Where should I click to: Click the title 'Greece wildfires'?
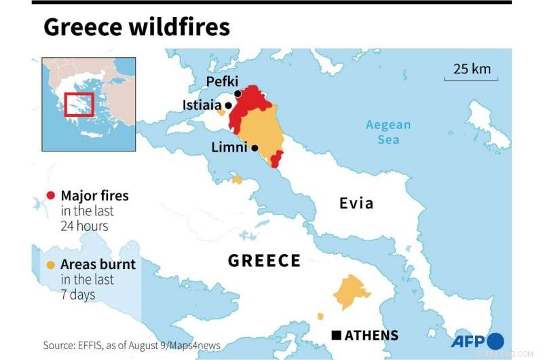click(x=136, y=27)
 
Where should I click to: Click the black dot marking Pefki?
click(x=238, y=94)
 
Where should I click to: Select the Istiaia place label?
click(x=203, y=105)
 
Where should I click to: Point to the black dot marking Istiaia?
click(x=229, y=105)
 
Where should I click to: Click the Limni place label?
click(x=229, y=147)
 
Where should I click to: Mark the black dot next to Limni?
click(x=255, y=147)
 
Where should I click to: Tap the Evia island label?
click(x=356, y=203)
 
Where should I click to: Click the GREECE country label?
click(x=264, y=261)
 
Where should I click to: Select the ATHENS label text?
click(x=371, y=336)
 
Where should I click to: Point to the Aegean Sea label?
click(x=388, y=132)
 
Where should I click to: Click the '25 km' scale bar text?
click(x=471, y=69)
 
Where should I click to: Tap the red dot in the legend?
click(x=50, y=196)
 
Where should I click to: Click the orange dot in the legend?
click(x=50, y=265)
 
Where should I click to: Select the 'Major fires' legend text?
click(x=94, y=196)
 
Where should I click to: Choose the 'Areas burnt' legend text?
click(x=98, y=264)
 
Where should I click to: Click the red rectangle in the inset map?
click(x=79, y=105)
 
